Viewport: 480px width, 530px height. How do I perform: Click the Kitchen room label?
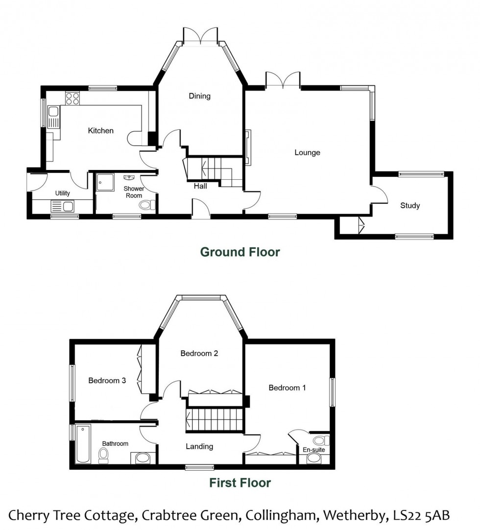100,131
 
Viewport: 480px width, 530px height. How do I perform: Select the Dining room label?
199,96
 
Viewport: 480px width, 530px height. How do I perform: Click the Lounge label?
307,152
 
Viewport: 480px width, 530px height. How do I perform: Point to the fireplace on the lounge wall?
248,147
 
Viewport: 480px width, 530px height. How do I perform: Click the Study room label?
410,205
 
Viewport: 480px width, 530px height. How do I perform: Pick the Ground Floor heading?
240,252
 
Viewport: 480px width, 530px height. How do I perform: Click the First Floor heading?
240,483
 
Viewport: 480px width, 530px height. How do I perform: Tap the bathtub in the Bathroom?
83,444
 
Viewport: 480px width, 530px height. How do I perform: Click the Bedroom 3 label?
104,381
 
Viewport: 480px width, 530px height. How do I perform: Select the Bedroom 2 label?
199,353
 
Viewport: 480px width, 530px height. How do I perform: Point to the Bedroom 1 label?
287,387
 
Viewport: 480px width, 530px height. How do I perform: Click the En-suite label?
313,450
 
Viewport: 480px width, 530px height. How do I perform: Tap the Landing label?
199,446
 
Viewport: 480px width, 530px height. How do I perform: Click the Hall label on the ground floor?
200,186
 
